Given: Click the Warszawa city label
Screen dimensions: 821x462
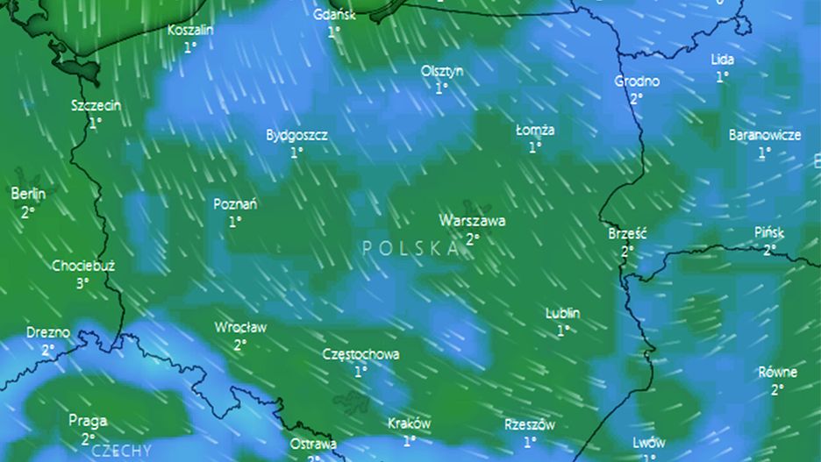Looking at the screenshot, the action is tap(473, 220).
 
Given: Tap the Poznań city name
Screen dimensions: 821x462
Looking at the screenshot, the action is tap(235, 204).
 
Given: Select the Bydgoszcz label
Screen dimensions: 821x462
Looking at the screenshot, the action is tap(296, 135).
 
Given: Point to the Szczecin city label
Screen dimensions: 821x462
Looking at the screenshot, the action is tap(96, 106).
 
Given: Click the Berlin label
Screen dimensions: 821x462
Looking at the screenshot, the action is tap(28, 194).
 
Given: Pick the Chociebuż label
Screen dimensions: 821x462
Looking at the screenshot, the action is tap(82, 266).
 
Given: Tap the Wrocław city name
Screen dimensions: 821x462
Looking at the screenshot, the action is tap(240, 327).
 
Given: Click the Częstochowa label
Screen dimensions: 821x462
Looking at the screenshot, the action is tap(361, 354).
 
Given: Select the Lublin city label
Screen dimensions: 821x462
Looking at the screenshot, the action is tap(562, 313).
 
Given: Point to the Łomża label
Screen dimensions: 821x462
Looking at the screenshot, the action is tap(535, 130).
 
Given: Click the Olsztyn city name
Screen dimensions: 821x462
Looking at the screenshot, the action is tap(442, 70).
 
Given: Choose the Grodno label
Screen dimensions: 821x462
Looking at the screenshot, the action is tap(637, 81).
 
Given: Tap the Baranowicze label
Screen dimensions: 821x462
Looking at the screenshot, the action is tap(764, 135).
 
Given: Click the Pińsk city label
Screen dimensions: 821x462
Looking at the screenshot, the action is tap(769, 232).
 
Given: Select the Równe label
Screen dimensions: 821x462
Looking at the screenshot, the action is tap(777, 372).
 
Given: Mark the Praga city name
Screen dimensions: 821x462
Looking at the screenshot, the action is tap(88, 421).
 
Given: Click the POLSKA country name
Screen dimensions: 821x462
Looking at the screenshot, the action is tap(410, 248).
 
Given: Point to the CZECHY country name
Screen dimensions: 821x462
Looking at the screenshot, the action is tap(120, 451).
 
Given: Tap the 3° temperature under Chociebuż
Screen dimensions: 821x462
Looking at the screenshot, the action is tap(82, 283).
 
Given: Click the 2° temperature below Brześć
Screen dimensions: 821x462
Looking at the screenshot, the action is tap(627, 251).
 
